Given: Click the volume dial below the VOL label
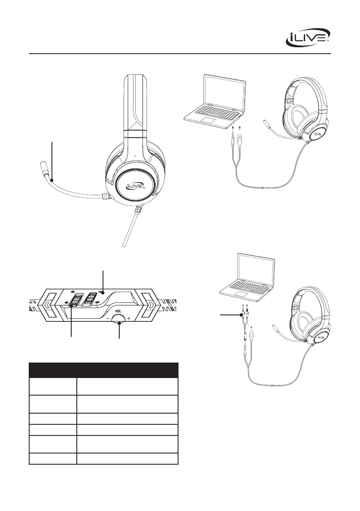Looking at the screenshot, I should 118,319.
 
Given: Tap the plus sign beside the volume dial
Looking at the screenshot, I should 129,320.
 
